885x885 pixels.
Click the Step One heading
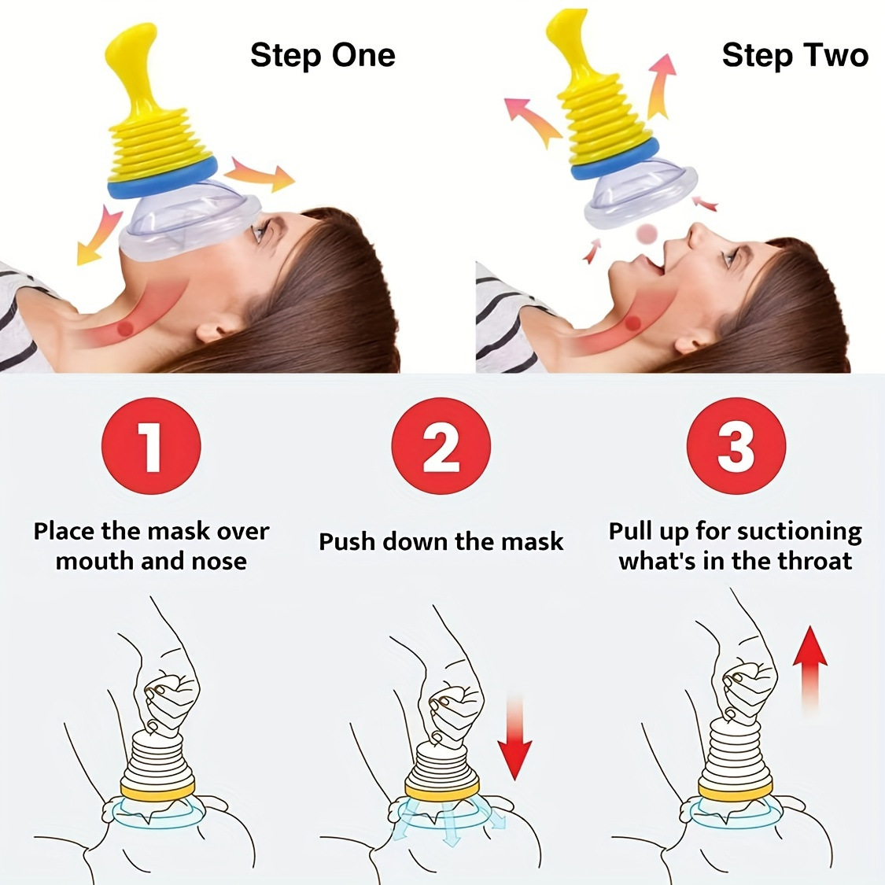coord(323,56)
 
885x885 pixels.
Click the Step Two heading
coord(795,56)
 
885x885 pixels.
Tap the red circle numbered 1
coord(151,446)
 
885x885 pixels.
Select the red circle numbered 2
coord(441,446)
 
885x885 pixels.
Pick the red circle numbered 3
coord(736,446)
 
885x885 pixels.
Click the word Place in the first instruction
coord(65,532)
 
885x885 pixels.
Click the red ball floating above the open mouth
coord(647,234)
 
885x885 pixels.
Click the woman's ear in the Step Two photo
coord(691,342)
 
